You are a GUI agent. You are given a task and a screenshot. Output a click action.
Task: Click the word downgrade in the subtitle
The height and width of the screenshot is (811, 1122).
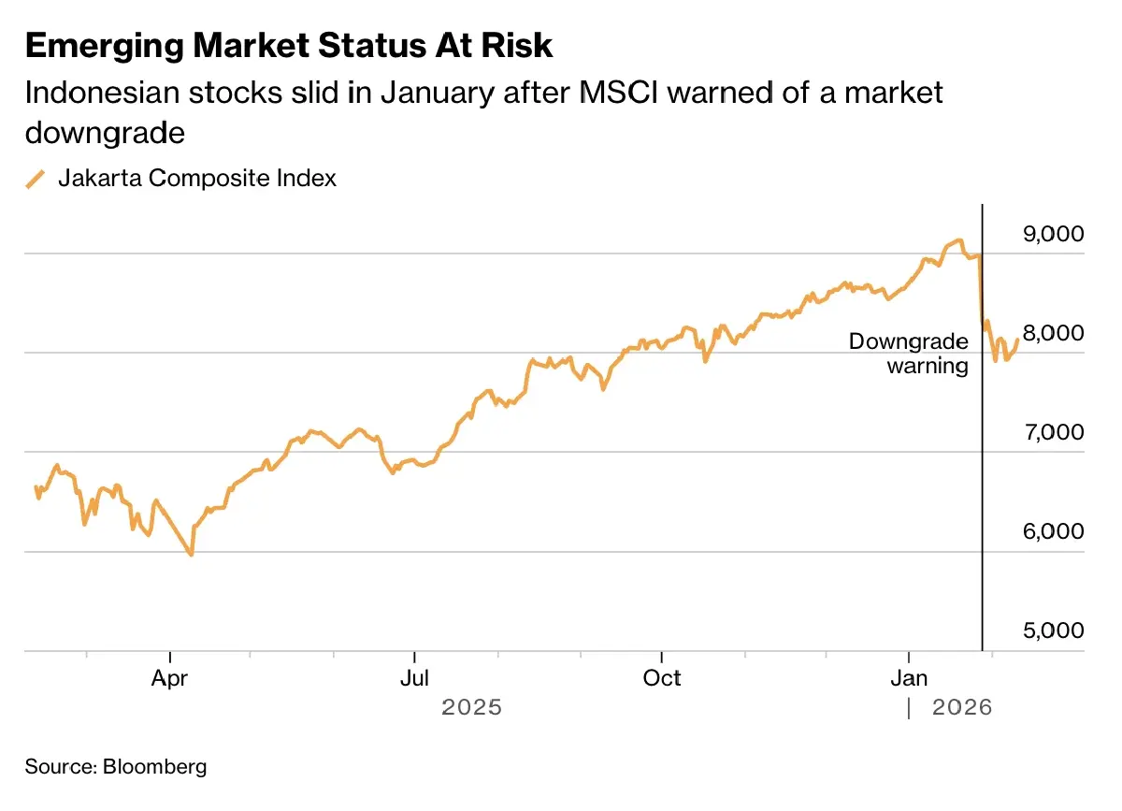pyautogui.click(x=105, y=133)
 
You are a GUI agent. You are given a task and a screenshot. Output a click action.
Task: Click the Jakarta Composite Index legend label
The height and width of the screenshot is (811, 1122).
pyautogui.click(x=197, y=178)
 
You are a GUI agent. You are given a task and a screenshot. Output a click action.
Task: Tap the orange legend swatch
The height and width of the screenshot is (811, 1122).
pyautogui.click(x=36, y=179)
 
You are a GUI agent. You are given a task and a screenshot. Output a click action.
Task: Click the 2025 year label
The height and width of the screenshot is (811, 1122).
pyautogui.click(x=472, y=707)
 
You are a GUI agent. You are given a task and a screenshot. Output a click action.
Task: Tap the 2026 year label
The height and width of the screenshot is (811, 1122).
pyautogui.click(x=962, y=708)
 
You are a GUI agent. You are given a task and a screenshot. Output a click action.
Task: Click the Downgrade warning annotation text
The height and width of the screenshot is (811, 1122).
pyautogui.click(x=908, y=354)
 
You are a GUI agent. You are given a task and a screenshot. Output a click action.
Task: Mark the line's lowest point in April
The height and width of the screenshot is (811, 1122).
pyautogui.click(x=192, y=555)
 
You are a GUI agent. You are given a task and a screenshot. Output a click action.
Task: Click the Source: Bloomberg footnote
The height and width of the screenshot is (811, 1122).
pyautogui.click(x=116, y=767)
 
